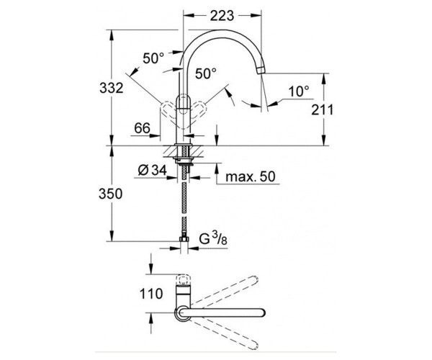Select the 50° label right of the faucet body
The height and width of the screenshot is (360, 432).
(206, 73)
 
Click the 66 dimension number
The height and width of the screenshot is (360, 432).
(142, 127)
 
